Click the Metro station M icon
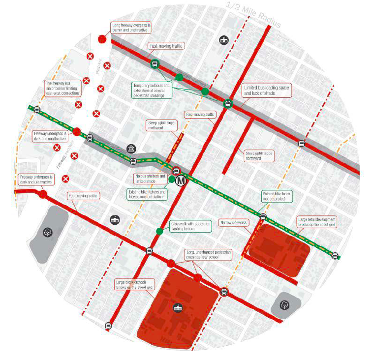(181, 180)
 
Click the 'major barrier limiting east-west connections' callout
(62, 88)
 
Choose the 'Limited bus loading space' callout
(268, 90)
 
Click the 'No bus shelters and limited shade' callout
(150, 178)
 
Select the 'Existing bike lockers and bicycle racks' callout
(147, 194)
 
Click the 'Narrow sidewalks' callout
(234, 222)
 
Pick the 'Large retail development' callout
(317, 221)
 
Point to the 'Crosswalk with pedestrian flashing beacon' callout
(190, 226)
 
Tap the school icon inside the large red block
(178, 308)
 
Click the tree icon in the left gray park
(48, 232)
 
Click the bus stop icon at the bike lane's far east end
(335, 255)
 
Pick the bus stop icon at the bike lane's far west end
(36, 110)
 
